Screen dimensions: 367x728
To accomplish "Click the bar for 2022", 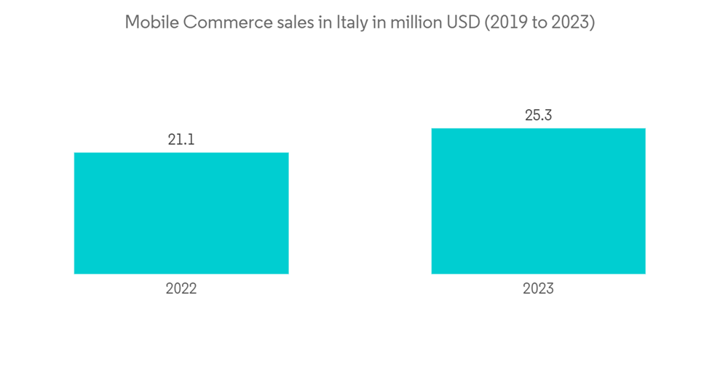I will click(x=181, y=213).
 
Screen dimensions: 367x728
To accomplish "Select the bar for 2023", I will click(x=538, y=201).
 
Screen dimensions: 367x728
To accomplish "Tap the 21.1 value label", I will click(x=181, y=139).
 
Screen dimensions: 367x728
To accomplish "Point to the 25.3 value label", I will click(x=538, y=115).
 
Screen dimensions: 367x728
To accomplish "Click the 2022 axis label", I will click(x=181, y=289).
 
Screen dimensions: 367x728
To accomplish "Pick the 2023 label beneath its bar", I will click(x=538, y=289).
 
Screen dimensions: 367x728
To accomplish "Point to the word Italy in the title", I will click(x=352, y=23).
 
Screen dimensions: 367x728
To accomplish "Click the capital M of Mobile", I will click(x=132, y=23).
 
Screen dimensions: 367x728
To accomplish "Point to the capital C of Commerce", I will click(x=189, y=23).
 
